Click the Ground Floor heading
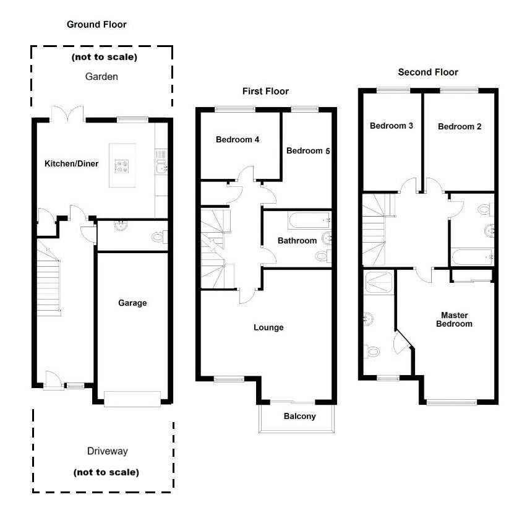click(96, 25)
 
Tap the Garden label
click(101, 77)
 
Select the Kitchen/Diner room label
click(71, 164)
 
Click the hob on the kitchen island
click(121, 165)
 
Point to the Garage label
click(132, 303)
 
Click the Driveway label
click(106, 451)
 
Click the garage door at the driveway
click(133, 399)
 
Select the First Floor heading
click(265, 92)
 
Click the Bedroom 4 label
click(237, 140)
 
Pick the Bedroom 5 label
click(308, 151)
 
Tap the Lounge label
click(268, 327)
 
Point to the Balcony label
click(299, 417)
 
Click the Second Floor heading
click(428, 72)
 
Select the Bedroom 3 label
click(391, 126)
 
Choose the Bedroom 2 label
click(459, 127)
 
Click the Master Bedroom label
click(454, 319)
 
